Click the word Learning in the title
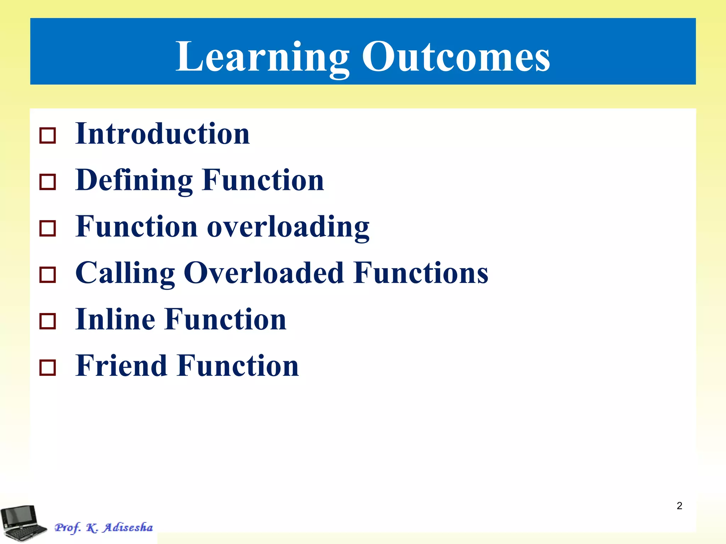click(262, 57)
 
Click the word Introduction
click(163, 134)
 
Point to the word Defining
click(134, 181)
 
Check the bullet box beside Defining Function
click(48, 182)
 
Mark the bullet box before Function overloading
click(48, 228)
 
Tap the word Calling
click(125, 273)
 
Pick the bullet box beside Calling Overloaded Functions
click(48, 275)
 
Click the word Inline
click(116, 319)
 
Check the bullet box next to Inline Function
click(48, 321)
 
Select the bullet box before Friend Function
click(48, 368)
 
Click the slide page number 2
click(679, 506)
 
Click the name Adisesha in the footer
click(128, 527)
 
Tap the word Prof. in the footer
click(67, 528)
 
